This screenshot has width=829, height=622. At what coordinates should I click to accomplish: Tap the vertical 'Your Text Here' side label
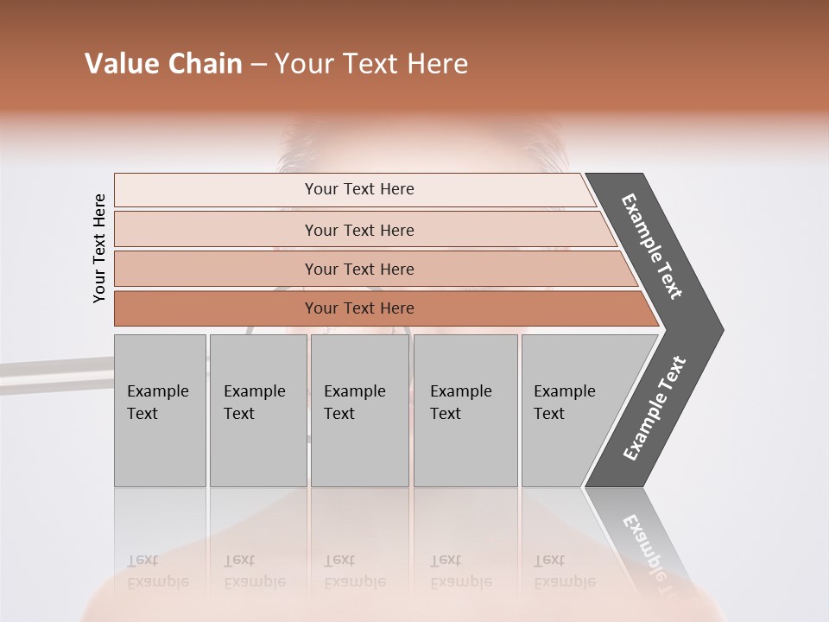pyautogui.click(x=99, y=248)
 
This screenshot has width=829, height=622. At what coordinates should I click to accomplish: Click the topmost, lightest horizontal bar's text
pyautogui.click(x=359, y=189)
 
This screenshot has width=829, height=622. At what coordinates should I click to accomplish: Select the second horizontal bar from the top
pyautogui.click(x=359, y=230)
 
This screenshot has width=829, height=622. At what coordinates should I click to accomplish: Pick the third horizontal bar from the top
pyautogui.click(x=359, y=270)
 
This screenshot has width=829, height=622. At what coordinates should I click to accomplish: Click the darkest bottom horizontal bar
pyautogui.click(x=359, y=308)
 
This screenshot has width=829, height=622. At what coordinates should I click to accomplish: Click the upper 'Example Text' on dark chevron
pyautogui.click(x=652, y=246)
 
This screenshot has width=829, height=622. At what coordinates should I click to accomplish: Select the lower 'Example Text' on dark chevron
pyautogui.click(x=654, y=409)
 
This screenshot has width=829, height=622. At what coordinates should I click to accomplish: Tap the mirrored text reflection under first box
pyautogui.click(x=158, y=571)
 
